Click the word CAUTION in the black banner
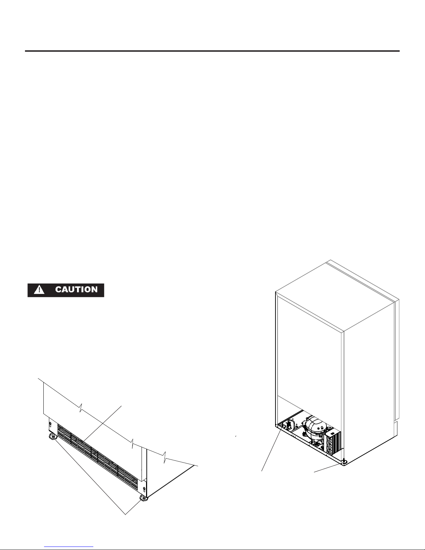(x=76, y=289)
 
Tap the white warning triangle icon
(x=37, y=290)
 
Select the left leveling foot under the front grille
(x=53, y=437)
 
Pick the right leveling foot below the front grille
(x=144, y=499)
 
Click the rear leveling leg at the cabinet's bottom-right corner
(x=343, y=462)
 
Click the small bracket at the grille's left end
(x=49, y=424)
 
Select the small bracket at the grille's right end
(x=144, y=490)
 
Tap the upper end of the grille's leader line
(x=122, y=405)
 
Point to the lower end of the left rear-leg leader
(x=262, y=471)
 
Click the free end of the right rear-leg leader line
(x=314, y=472)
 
